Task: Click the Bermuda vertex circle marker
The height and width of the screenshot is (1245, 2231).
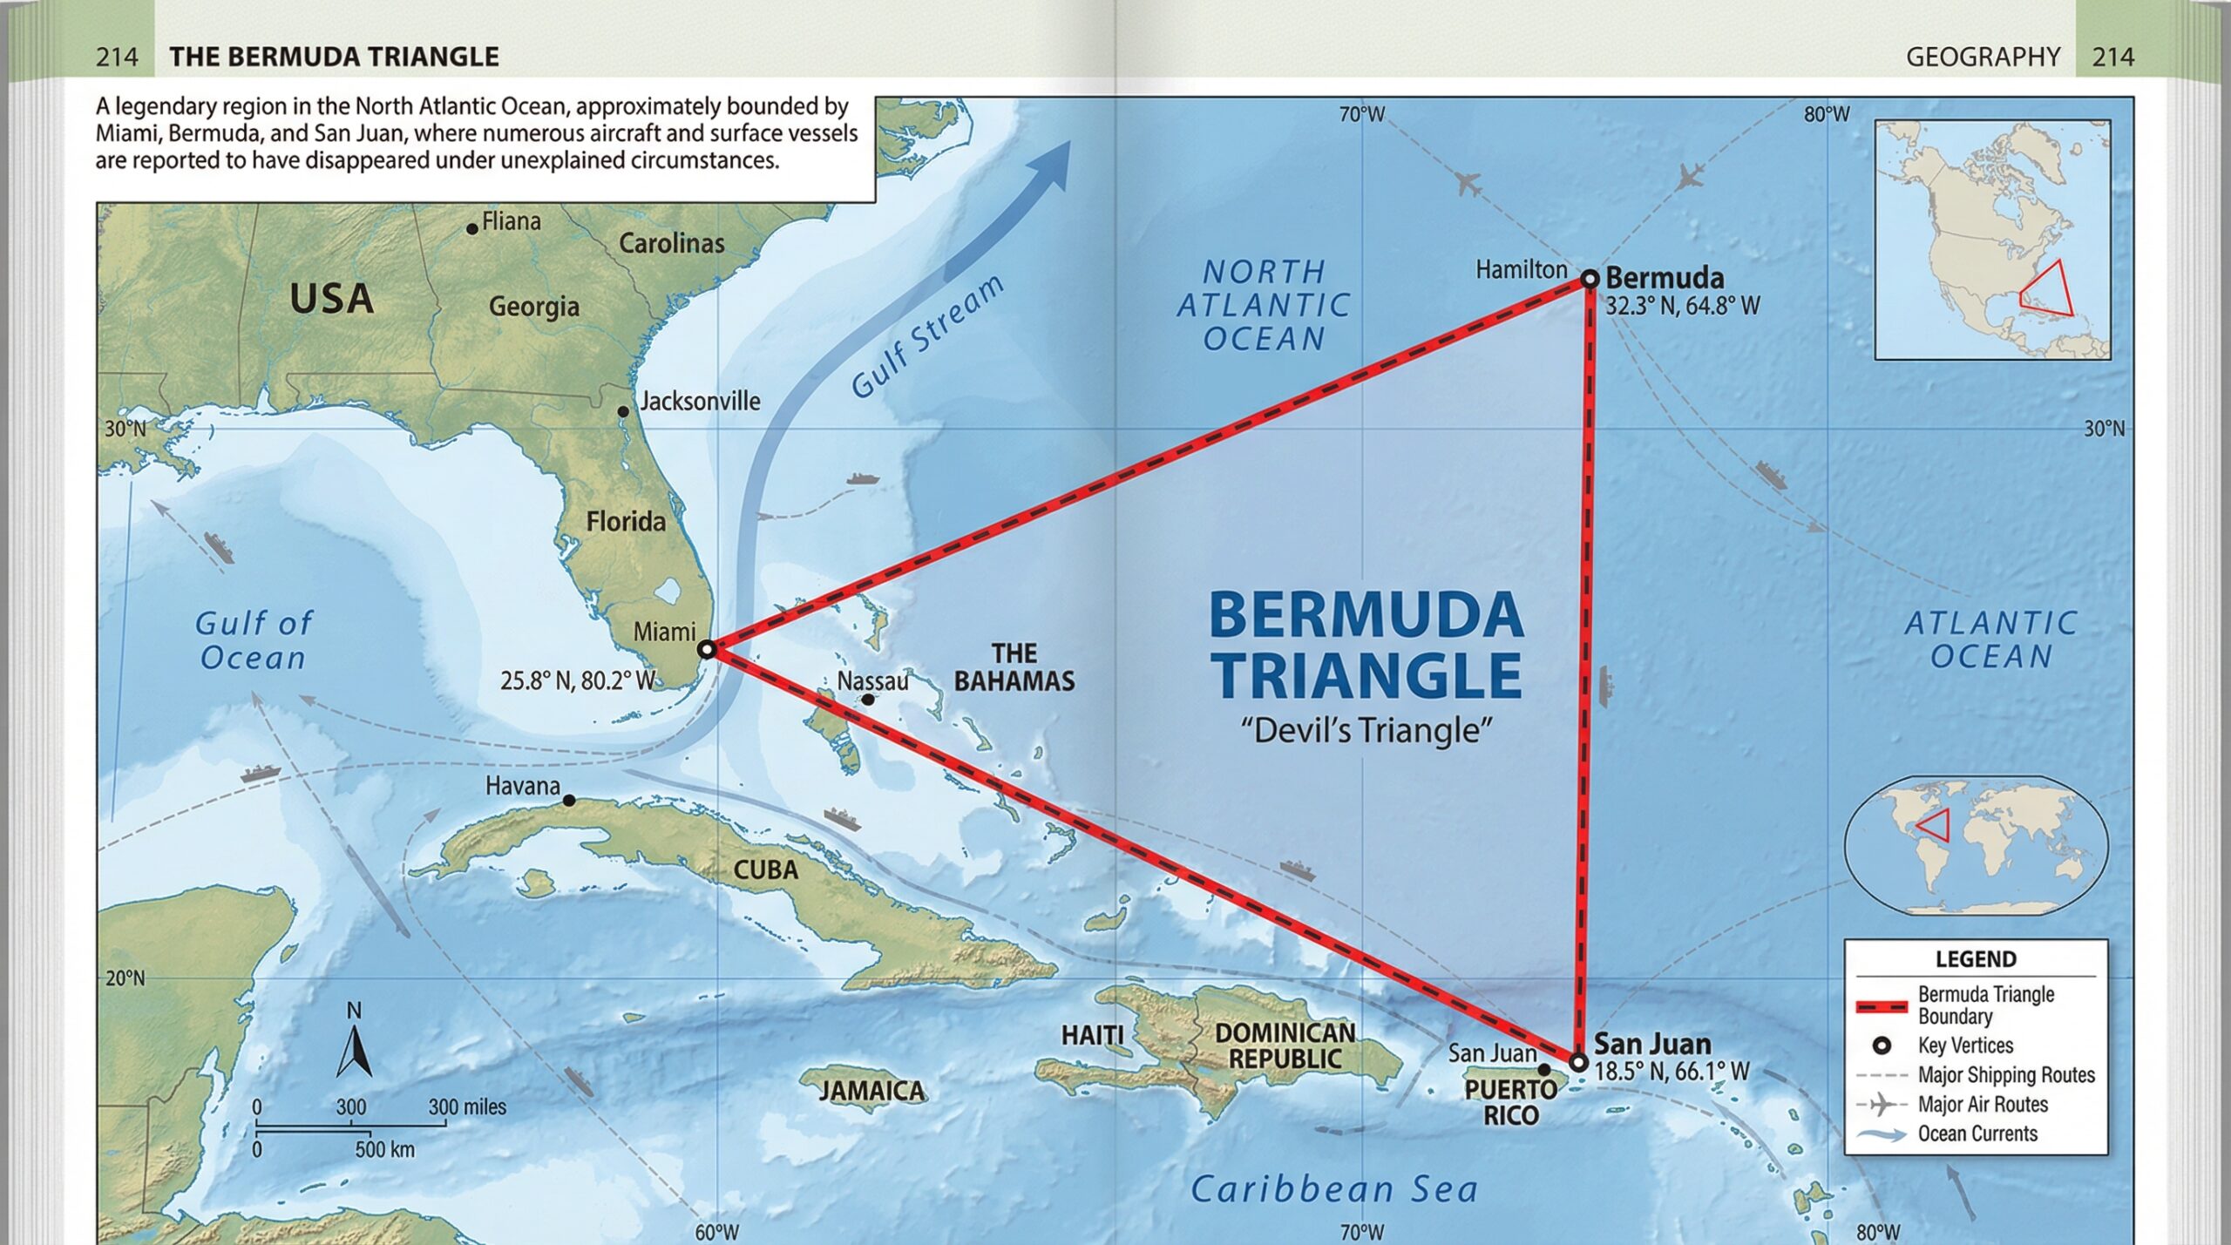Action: coord(1590,279)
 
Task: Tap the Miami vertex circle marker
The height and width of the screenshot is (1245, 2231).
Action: coord(707,649)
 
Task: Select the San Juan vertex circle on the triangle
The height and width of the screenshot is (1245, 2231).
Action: coord(1578,1062)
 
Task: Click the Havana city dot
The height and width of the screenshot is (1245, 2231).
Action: coord(569,800)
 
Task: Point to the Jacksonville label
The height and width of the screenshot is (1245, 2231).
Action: coord(700,401)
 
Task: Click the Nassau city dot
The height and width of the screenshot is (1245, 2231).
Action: coord(868,700)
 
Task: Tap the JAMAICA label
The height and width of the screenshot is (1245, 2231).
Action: coord(871,1091)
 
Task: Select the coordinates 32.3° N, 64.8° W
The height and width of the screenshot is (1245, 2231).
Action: coord(1682,307)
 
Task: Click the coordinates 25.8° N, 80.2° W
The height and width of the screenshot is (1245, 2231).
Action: coord(577,680)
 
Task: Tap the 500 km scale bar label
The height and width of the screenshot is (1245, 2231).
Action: coord(384,1150)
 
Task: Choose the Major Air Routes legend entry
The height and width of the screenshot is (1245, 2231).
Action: coord(1983,1105)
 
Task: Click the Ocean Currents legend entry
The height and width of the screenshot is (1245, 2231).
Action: coord(1977,1134)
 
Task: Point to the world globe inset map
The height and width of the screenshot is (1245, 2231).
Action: coord(1976,845)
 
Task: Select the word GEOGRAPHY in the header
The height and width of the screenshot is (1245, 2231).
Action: coord(1983,57)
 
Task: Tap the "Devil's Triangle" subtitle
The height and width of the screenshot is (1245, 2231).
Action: coord(1366,730)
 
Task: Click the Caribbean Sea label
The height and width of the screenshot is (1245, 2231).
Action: coord(1334,1189)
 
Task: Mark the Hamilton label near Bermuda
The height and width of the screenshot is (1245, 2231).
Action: coord(1521,270)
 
